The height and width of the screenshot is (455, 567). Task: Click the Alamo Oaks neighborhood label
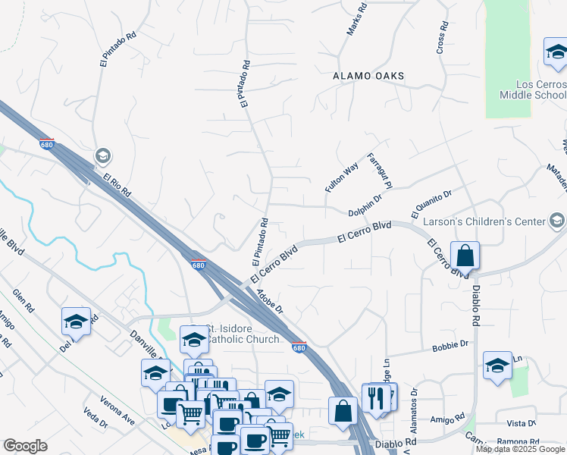pyautogui.click(x=368, y=77)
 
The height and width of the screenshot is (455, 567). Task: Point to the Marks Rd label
pyautogui.click(x=356, y=20)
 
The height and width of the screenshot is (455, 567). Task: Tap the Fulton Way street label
pyautogui.click(x=342, y=177)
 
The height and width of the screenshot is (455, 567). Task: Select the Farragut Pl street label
pyautogui.click(x=378, y=171)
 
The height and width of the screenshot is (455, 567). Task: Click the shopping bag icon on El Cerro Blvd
pyautogui.click(x=465, y=256)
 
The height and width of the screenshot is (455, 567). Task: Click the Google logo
pyautogui.click(x=25, y=446)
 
